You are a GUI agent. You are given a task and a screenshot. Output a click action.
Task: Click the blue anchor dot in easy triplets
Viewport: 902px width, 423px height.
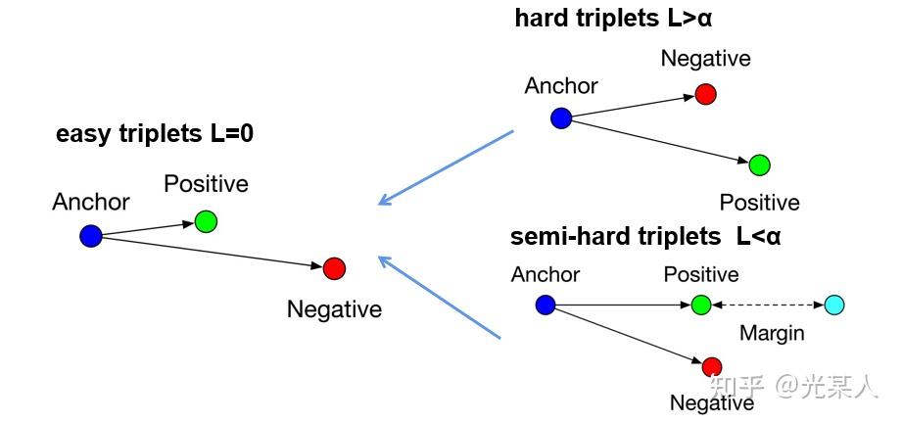(91, 236)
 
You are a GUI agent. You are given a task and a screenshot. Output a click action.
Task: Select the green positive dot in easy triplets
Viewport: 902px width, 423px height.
(206, 221)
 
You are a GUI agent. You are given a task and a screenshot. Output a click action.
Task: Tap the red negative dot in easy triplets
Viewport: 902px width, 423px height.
(334, 267)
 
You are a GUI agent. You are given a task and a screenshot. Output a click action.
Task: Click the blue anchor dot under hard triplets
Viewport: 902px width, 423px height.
(561, 118)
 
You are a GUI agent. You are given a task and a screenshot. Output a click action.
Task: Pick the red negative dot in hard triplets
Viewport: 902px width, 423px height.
(705, 94)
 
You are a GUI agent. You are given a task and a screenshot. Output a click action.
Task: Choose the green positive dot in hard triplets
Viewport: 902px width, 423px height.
(759, 164)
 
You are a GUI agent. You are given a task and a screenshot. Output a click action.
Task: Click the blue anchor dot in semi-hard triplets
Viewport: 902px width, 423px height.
(546, 305)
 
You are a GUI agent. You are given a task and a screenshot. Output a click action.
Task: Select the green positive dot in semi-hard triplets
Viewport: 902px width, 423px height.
(700, 305)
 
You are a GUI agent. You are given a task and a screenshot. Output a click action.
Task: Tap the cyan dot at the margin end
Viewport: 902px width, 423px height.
(833, 305)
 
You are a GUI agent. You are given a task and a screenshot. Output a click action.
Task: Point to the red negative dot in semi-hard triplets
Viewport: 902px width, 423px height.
(712, 367)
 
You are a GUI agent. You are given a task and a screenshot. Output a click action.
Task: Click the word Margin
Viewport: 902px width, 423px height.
(772, 333)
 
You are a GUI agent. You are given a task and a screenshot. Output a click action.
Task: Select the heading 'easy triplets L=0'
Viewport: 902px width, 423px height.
(155, 134)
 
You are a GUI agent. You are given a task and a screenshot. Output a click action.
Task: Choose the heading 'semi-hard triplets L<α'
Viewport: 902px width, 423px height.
(645, 237)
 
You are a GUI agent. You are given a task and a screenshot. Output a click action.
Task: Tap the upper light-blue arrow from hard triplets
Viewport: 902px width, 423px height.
(446, 167)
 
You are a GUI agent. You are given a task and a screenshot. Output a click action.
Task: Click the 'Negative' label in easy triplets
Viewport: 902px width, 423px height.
(334, 309)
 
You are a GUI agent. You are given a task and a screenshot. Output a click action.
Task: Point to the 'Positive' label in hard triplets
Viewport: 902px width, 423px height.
(759, 203)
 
